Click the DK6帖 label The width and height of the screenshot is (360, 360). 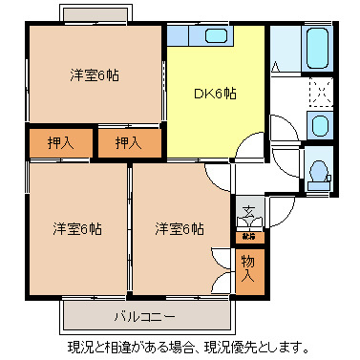pyautogui.click(x=217, y=93)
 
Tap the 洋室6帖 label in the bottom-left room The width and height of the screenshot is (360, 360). pyautogui.click(x=77, y=229)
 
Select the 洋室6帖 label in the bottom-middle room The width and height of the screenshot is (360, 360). pyautogui.click(x=180, y=229)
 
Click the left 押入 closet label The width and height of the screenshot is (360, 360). pyautogui.click(x=59, y=143)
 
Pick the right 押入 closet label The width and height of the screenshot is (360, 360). pyautogui.click(x=127, y=143)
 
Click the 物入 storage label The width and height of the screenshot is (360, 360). pyautogui.click(x=248, y=267)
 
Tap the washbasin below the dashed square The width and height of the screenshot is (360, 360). pyautogui.click(x=319, y=125)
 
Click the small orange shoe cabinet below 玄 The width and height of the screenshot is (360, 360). pyautogui.click(x=248, y=235)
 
